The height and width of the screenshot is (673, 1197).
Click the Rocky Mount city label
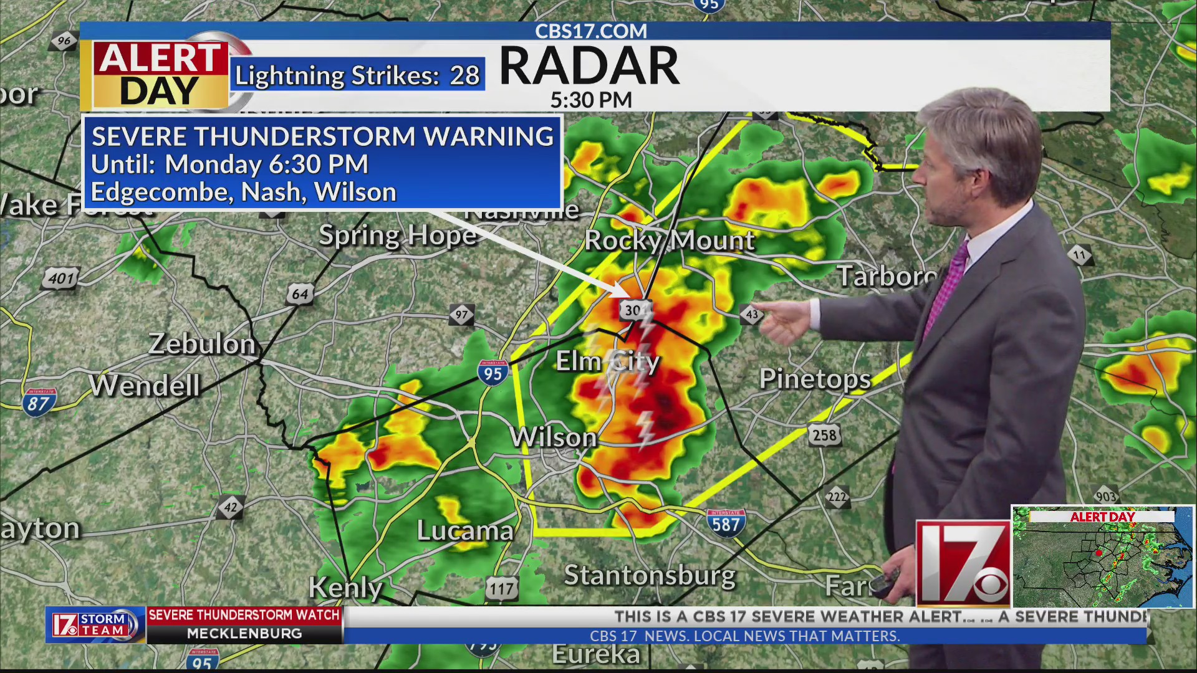pyautogui.click(x=670, y=241)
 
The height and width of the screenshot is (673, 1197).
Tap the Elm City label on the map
pyautogui.click(x=607, y=361)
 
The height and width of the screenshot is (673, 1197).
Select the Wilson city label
pyautogui.click(x=554, y=437)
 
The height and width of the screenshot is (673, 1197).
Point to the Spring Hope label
pyautogui.click(x=398, y=236)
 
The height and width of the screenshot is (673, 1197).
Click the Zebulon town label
pyautogui.click(x=202, y=344)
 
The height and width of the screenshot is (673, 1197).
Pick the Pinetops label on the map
pyautogui.click(x=815, y=379)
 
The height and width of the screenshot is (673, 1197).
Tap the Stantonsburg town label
pyautogui.click(x=650, y=575)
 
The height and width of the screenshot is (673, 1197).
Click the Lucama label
pyautogui.click(x=465, y=531)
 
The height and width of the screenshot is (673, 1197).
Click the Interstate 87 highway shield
pyautogui.click(x=39, y=403)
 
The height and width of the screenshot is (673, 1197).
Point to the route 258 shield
pyautogui.click(x=824, y=435)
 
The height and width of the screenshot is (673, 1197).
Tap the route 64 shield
pyautogui.click(x=300, y=294)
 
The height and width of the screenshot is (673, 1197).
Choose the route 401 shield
pyautogui.click(x=61, y=278)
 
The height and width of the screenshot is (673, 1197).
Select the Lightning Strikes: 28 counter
pyautogui.click(x=357, y=76)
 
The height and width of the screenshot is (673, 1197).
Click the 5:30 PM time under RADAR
pyautogui.click(x=591, y=100)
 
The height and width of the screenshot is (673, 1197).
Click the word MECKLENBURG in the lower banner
pyautogui.click(x=244, y=634)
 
